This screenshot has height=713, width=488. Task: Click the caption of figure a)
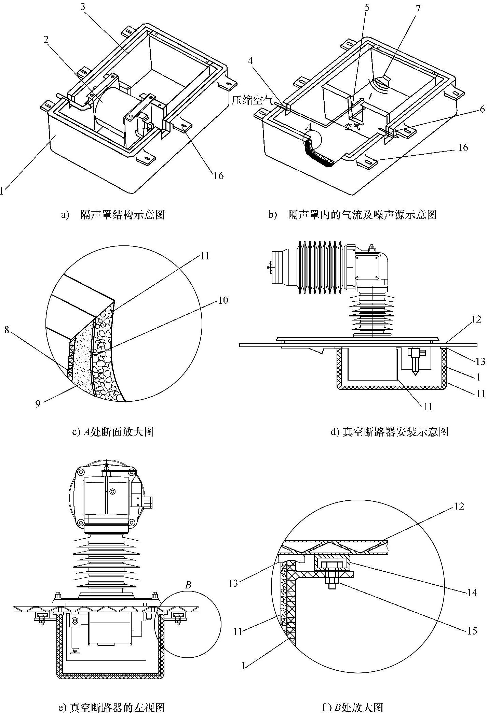tap(112, 215)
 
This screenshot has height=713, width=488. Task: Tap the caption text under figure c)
tap(113, 432)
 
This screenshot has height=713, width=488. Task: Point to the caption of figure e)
tap(112, 706)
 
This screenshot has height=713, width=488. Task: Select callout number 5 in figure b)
tap(367, 8)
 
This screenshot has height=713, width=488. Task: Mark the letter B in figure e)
tap(188, 585)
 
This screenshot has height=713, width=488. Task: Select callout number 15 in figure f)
tap(472, 631)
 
